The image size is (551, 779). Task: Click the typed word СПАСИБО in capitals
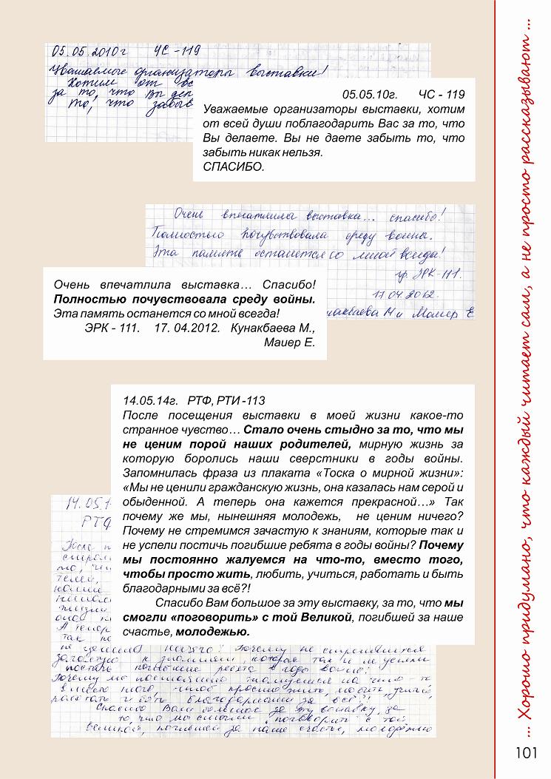click(x=233, y=168)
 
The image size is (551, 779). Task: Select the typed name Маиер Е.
click(x=290, y=343)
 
